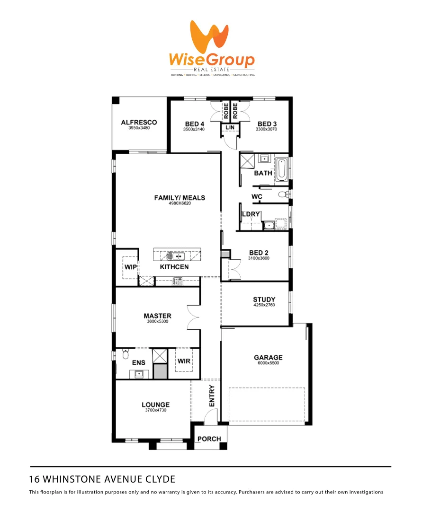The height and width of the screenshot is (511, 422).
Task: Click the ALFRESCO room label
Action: [139, 123]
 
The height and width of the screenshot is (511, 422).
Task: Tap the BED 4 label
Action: [195, 124]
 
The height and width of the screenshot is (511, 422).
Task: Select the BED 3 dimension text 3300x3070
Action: [266, 129]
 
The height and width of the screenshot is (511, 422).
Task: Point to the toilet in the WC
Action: [283, 194]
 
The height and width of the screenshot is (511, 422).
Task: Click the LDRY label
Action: [251, 214]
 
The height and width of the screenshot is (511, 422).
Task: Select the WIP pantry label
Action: [130, 267]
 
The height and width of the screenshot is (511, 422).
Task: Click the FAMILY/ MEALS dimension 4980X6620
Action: [180, 203]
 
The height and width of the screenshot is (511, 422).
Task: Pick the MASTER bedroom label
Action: [158, 316]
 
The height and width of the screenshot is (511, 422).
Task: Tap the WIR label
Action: [184, 361]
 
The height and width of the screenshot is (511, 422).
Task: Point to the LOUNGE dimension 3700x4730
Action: [155, 410]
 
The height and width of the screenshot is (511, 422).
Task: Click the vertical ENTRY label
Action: [212, 396]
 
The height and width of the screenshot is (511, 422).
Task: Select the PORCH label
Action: [209, 439]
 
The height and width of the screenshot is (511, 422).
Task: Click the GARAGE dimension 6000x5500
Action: [268, 363]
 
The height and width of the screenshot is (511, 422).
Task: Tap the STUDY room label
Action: [264, 300]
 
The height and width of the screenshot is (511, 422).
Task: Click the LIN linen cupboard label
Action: [231, 128]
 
